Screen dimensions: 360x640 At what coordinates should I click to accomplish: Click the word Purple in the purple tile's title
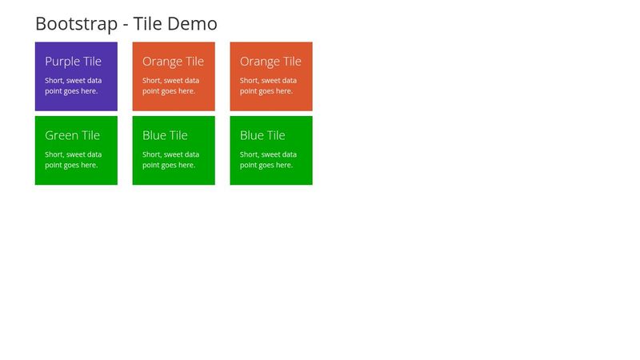(62, 62)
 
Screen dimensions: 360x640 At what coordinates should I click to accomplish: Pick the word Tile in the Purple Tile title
(91, 62)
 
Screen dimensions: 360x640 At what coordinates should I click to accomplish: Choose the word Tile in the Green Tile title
(91, 136)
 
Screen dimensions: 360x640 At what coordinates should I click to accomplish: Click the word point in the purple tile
(53, 91)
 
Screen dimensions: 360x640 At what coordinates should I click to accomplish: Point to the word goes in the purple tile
(70, 91)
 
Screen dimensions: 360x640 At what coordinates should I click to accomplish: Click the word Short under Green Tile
(54, 154)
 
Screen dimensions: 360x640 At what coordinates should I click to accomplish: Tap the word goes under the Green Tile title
(70, 166)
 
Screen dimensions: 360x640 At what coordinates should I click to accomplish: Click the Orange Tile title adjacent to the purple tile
(173, 62)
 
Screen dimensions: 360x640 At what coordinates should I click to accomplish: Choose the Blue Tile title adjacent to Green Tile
(165, 136)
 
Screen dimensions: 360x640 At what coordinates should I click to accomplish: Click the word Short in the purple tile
(54, 81)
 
